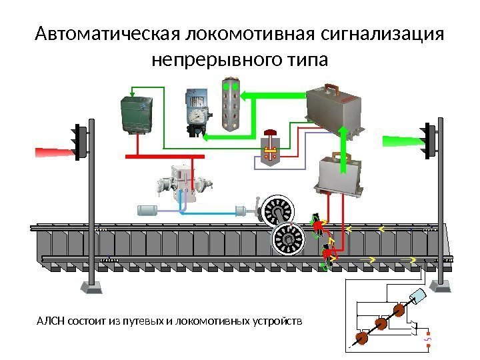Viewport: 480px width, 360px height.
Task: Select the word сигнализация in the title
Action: point(382,34)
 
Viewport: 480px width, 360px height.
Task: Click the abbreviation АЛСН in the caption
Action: point(48,322)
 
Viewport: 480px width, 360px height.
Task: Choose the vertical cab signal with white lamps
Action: point(231,103)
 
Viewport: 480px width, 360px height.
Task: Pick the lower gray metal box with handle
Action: point(340,175)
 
